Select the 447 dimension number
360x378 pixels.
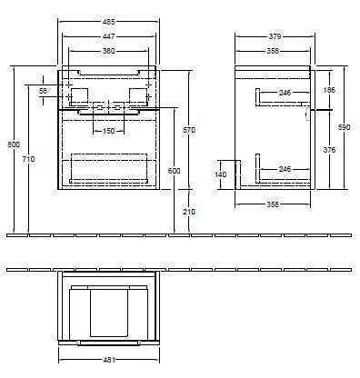click(107, 37)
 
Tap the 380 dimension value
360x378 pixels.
click(108, 52)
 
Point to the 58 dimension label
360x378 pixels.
click(44, 91)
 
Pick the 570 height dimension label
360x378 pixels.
click(189, 130)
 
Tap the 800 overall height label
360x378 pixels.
click(10, 145)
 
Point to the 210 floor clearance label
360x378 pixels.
click(189, 212)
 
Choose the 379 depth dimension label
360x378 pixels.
click(275, 37)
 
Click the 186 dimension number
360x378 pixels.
click(328, 91)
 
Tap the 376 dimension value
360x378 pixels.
click(328, 149)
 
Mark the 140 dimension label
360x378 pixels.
click(219, 174)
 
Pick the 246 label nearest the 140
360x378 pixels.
click(285, 170)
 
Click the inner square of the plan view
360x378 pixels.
click(107, 308)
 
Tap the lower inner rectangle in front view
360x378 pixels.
click(107, 168)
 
